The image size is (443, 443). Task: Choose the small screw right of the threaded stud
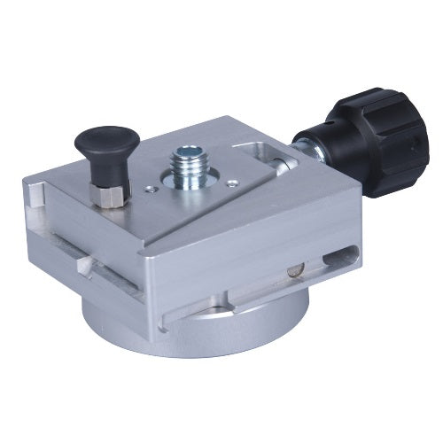(x=231, y=183)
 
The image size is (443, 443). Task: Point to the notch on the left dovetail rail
(x=83, y=265)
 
